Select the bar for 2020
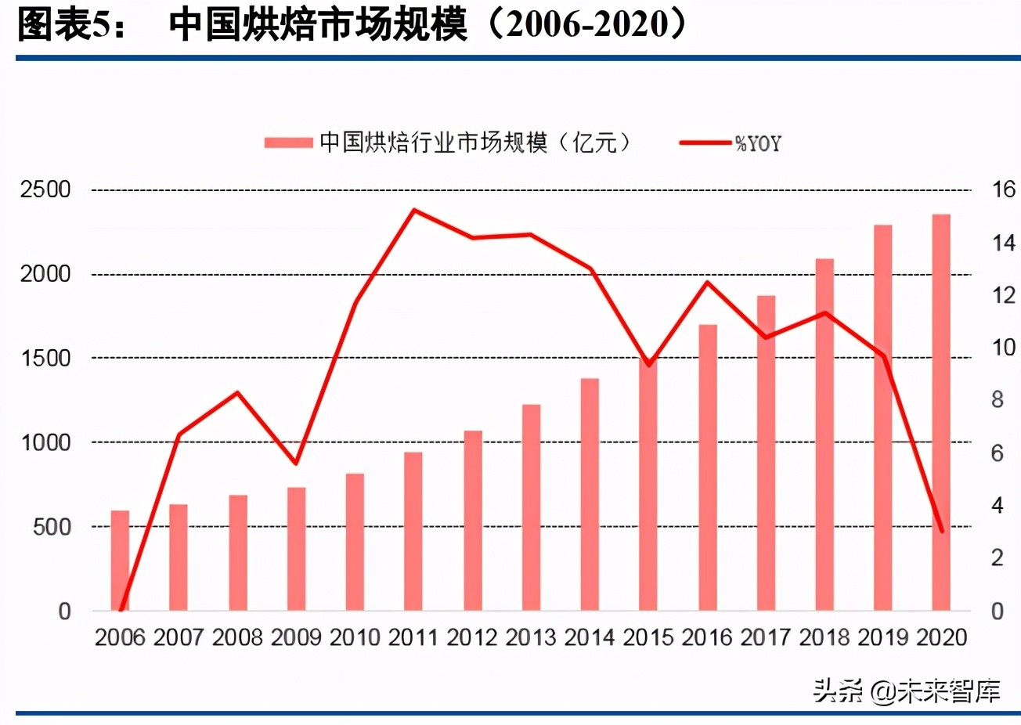coord(940,413)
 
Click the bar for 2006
coord(120,561)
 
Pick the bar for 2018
coord(824,435)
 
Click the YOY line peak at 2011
coord(413,210)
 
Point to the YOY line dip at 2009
coord(296,463)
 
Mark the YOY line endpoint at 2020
coord(941,531)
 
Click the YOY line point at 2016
coord(707,283)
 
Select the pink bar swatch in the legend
coord(288,142)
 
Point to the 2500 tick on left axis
coord(45,189)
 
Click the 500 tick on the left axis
coord(52,527)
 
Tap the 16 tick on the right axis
coord(1003,189)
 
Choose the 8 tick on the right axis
coord(997,400)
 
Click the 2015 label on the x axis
coord(648,637)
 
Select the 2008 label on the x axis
coord(237,637)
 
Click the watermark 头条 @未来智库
coord(906,691)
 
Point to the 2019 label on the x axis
coord(882,637)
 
